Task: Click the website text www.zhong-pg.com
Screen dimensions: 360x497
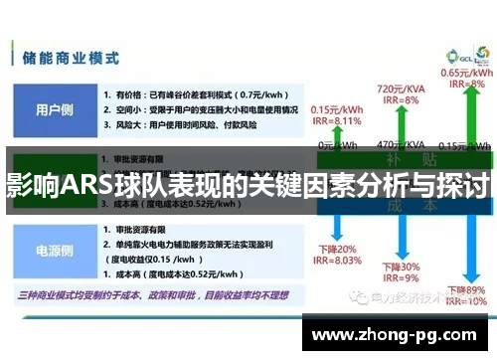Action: click(398, 334)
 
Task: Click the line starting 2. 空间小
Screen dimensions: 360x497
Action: click(200, 108)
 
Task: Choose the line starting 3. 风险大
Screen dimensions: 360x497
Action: click(179, 125)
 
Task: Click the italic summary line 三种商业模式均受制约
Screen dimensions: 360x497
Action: click(149, 294)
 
